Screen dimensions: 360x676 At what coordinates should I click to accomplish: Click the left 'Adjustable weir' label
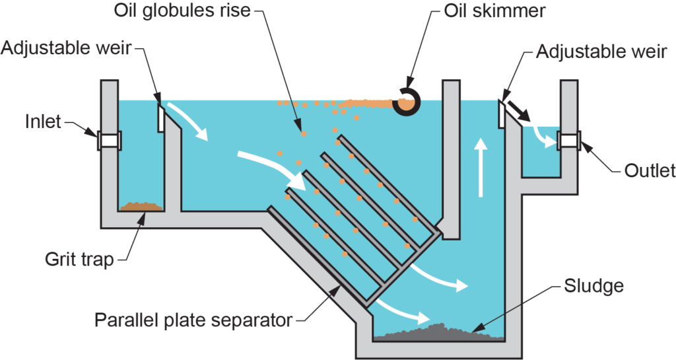coord(66,48)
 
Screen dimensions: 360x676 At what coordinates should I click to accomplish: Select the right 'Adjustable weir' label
coord(601,51)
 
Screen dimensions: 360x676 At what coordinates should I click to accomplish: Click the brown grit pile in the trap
coord(140,206)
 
